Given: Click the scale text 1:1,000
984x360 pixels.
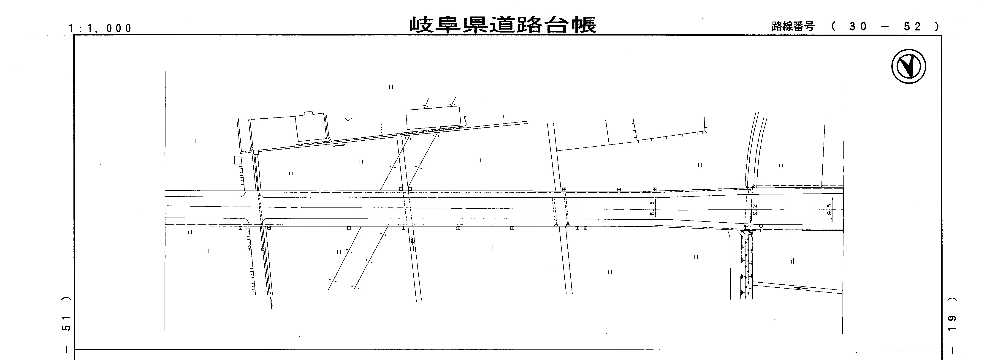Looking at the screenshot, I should [x=100, y=28].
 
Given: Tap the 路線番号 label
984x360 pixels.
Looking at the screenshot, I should [x=793, y=26].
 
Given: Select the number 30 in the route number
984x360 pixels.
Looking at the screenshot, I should [x=857, y=26].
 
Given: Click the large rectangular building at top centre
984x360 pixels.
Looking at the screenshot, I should [x=433, y=117].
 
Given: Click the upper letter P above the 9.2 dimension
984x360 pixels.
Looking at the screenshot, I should [x=749, y=190].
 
